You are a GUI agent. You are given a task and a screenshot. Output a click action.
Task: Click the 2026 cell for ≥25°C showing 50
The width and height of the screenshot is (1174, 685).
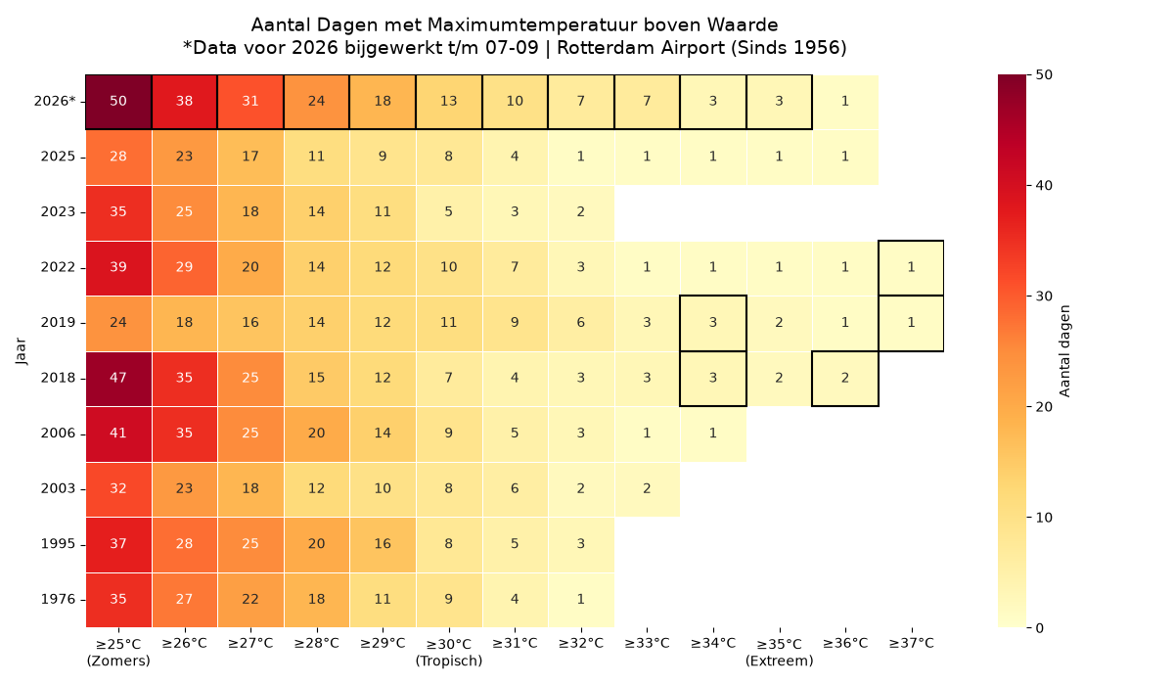(x=118, y=102)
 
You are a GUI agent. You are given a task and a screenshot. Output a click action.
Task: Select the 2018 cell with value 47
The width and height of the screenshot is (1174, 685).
(x=118, y=379)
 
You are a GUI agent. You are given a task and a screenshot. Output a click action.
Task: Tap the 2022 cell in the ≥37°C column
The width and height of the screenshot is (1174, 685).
(x=911, y=268)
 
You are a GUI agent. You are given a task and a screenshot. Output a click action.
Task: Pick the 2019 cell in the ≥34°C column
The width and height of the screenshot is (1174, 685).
(x=713, y=323)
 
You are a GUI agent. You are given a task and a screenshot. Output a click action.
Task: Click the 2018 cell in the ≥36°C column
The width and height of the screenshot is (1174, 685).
(x=845, y=379)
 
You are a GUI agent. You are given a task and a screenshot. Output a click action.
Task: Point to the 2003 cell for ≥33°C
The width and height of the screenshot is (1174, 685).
(x=647, y=489)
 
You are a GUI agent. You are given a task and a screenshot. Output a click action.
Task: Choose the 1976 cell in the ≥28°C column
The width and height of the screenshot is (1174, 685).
(x=317, y=600)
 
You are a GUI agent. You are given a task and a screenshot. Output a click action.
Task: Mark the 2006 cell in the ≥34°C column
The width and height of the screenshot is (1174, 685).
(x=713, y=434)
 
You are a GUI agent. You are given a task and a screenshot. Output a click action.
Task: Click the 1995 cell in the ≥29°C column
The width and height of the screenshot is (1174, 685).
(x=383, y=544)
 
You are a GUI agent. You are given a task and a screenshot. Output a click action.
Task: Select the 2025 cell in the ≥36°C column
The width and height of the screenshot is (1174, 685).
(x=845, y=158)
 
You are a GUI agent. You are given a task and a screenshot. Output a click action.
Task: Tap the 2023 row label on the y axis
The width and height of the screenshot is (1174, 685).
(x=58, y=211)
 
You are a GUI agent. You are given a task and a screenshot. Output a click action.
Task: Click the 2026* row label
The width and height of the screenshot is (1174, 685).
(x=55, y=101)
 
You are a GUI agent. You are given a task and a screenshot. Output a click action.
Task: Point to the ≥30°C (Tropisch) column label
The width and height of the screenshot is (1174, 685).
(x=449, y=652)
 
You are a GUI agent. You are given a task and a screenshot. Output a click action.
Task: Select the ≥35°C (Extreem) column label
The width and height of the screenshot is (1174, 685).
(x=779, y=652)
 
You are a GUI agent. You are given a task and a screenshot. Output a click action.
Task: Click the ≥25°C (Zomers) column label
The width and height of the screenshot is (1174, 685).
(x=118, y=652)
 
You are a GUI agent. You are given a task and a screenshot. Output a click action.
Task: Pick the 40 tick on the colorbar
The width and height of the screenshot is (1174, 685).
(x=1044, y=186)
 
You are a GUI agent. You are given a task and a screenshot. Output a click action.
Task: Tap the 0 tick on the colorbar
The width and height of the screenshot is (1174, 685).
(x=1040, y=628)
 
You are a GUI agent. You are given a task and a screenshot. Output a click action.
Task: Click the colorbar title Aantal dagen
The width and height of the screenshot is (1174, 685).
(x=1064, y=351)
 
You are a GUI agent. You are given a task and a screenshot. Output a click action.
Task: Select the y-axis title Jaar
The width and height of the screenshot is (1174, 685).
(x=21, y=351)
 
